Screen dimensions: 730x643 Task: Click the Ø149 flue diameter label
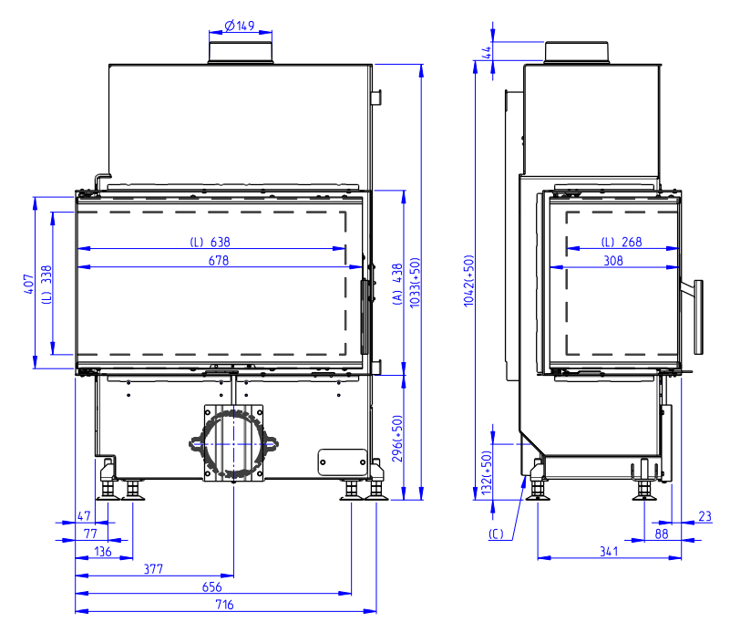coord(240,26)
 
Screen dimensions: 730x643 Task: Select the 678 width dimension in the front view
coord(219,261)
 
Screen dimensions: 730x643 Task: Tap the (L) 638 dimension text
coord(210,243)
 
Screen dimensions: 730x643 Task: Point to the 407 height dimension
coord(28,284)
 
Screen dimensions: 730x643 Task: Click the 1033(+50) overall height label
coord(415,283)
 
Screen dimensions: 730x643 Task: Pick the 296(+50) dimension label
coord(397,439)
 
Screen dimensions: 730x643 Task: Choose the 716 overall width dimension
coord(224,605)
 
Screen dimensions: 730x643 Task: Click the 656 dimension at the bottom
coord(211,586)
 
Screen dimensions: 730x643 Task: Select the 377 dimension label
coord(153,569)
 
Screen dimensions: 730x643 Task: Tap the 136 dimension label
coord(102,552)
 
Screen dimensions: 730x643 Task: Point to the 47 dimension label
coord(84,516)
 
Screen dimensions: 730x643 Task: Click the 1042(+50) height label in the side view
coord(468,281)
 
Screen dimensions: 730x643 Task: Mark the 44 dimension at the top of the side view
coord(487,52)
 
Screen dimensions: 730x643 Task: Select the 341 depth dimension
coord(609,552)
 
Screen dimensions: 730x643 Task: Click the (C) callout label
coord(497,534)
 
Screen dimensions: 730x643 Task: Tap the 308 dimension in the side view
coord(613,261)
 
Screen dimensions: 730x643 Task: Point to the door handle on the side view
coord(698,316)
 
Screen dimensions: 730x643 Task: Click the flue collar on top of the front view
coord(241,52)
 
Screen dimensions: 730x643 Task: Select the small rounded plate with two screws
coord(343,462)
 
